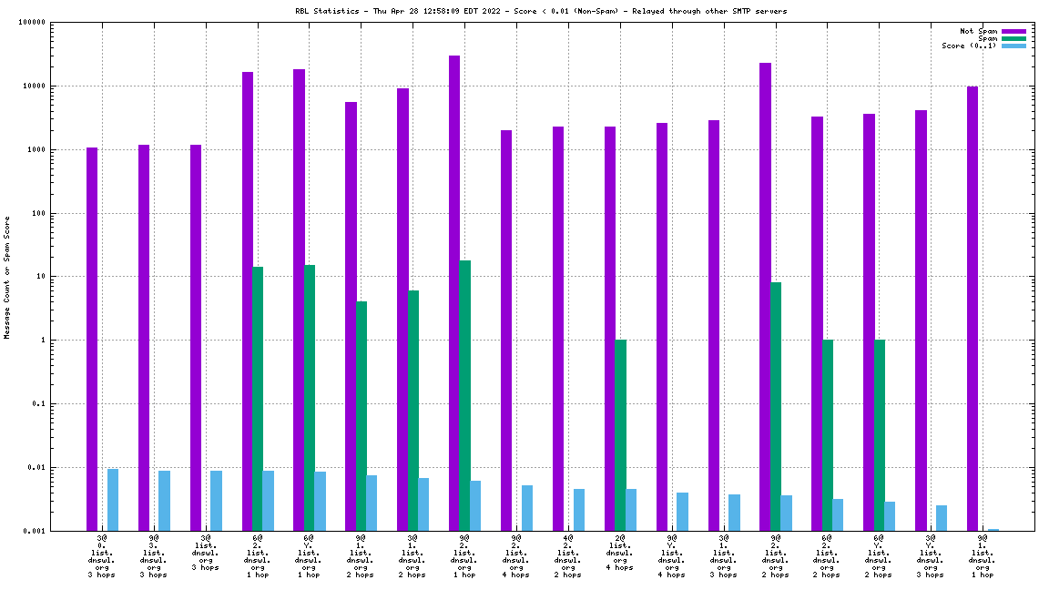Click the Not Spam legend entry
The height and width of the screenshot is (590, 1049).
point(980,31)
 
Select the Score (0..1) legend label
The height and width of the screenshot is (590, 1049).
point(969,46)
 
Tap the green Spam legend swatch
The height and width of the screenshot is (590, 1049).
point(1013,38)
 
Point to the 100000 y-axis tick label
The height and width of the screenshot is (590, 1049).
point(58,23)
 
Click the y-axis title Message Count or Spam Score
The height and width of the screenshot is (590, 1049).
point(7,278)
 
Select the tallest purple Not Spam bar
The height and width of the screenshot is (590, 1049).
point(454,291)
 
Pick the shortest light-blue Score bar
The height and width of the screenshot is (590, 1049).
point(993,529)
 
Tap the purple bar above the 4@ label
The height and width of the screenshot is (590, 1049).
point(558,328)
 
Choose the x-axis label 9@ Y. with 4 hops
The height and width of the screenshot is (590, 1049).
point(671,556)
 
